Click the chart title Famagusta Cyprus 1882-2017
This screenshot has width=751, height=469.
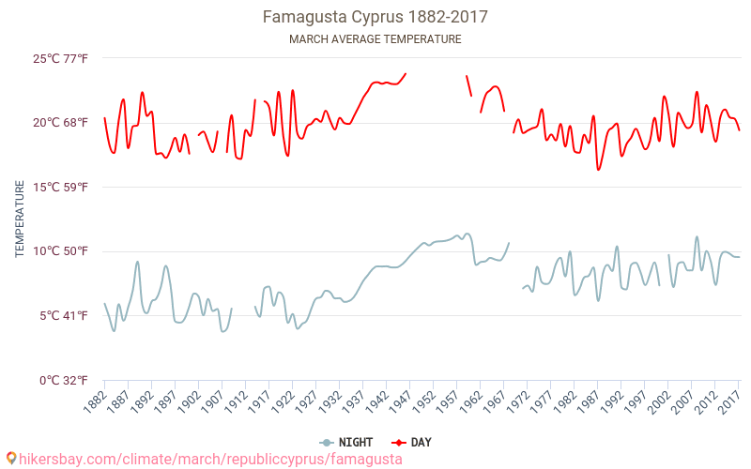pyautogui.click(x=375, y=17)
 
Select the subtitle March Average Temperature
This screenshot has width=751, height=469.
pyautogui.click(x=375, y=39)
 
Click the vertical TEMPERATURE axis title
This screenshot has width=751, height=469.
pyautogui.click(x=19, y=219)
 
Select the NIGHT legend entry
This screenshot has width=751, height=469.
pyautogui.click(x=346, y=442)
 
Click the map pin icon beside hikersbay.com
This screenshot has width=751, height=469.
pyautogui.click(x=10, y=459)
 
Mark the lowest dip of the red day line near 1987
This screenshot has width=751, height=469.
pyautogui.click(x=598, y=170)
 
